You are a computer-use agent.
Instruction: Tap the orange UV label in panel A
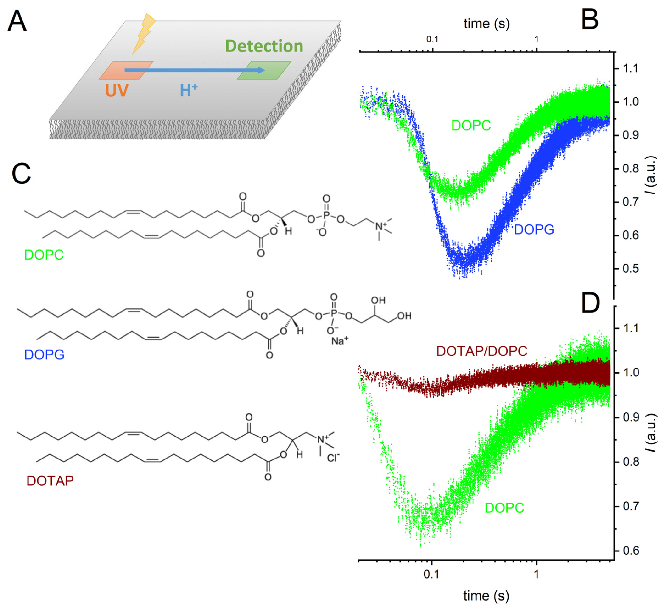[x=117, y=90]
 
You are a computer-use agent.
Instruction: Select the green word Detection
[x=264, y=46]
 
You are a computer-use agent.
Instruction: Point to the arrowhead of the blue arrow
[x=261, y=70]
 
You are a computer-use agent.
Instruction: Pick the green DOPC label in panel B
[x=471, y=126]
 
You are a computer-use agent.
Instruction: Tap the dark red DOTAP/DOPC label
[x=481, y=351]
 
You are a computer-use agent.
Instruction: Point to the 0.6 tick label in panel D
[x=631, y=551]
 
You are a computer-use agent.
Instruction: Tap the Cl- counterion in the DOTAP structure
[x=333, y=458]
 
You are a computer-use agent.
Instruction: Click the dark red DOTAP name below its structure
[x=50, y=481]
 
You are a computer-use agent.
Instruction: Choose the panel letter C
[x=21, y=174]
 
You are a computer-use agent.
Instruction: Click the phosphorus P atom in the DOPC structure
[x=326, y=215]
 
